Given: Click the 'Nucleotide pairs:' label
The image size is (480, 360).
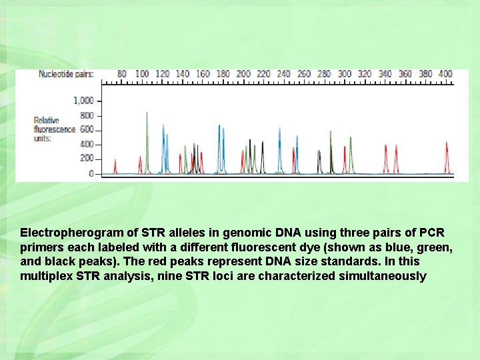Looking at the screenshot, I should click(66, 74).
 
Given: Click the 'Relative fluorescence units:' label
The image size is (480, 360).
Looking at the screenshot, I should click(54, 129).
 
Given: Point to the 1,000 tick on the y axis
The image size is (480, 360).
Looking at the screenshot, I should click(83, 101).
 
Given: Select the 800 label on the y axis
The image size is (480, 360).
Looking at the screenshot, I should click(87, 115).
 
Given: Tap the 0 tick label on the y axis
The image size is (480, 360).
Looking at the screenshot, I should click(91, 173).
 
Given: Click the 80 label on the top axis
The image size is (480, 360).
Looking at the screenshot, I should click(122, 74).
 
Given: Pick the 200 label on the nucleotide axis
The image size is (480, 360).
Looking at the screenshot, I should click(243, 74).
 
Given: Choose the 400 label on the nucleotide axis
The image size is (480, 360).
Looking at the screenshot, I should click(445, 74).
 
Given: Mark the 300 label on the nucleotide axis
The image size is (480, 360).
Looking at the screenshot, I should click(345, 74).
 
